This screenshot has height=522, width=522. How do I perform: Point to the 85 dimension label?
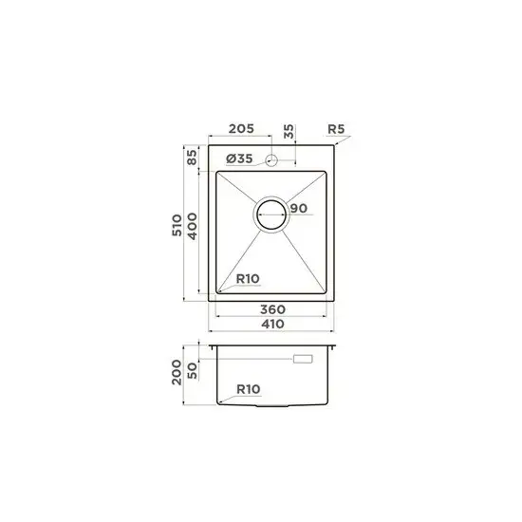191,158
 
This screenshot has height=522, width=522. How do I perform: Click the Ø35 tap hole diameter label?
240,158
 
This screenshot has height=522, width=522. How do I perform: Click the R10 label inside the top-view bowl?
247,278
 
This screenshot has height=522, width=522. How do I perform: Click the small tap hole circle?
271,159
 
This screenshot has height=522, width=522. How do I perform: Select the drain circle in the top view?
271,214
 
